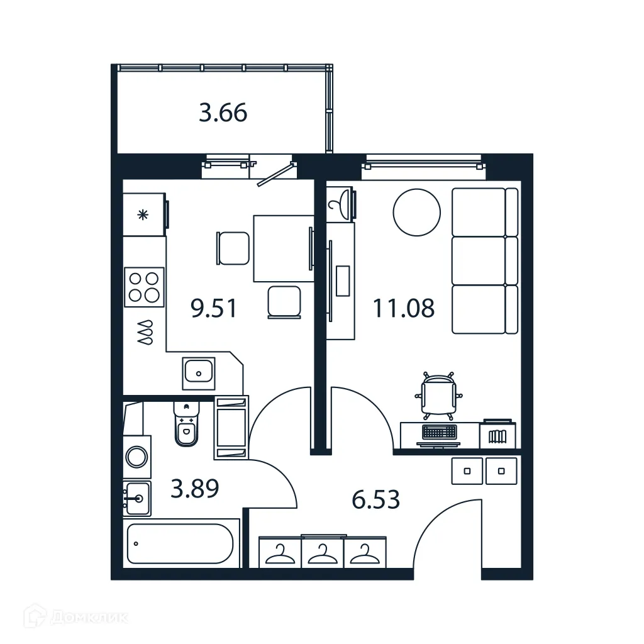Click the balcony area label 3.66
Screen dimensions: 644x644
pos(223,113)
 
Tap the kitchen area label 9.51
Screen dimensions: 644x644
pos(214,309)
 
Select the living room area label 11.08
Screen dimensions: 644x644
pos(403,309)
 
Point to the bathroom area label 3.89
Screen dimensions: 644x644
pos(195,488)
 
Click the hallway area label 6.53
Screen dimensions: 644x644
pos(376,501)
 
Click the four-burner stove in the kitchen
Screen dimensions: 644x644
pos(144,287)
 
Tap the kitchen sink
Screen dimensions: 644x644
pos(199,373)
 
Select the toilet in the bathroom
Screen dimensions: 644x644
pos(186,425)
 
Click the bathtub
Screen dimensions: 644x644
pos(180,543)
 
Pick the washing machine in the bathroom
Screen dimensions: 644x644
pos(136,456)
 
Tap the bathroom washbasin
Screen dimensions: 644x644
pos(137,499)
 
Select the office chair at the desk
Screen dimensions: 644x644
pos(438,396)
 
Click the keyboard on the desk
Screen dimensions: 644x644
pos(440,432)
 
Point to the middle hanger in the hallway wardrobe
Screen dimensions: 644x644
pos(323,554)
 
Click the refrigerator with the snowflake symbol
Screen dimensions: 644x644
pos(144,214)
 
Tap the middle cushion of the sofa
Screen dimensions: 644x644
pos(479,260)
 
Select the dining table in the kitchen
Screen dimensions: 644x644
pos(282,248)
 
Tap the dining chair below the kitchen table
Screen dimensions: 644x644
pos(284,302)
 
